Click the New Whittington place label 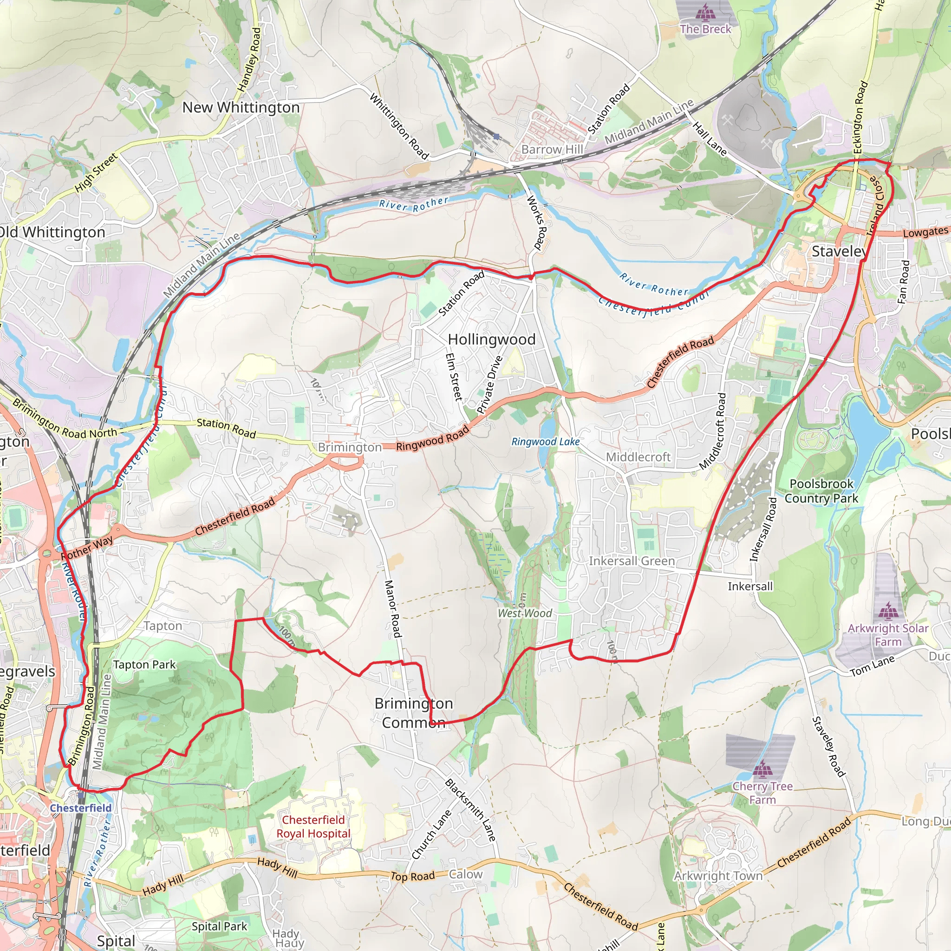tap(241, 107)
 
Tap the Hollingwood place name tap(491, 339)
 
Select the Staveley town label tap(839, 252)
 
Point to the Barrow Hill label tap(552, 149)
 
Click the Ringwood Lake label tap(546, 442)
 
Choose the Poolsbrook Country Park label tap(821, 491)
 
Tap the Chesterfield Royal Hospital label tap(313, 827)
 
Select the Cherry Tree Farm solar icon tap(762, 768)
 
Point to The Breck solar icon tap(705, 11)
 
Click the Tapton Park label tap(144, 664)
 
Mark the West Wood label tap(525, 613)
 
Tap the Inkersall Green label tap(632, 560)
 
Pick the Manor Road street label tap(392, 609)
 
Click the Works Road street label tap(537, 223)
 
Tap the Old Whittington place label tap(52, 232)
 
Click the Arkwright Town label tap(718, 876)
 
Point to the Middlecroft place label tap(638, 457)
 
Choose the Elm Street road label tap(453, 377)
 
